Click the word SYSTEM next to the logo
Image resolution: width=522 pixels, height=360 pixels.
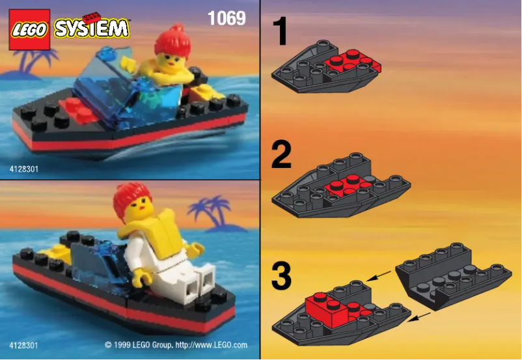[x=92, y=28]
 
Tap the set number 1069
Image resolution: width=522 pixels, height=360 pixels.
[x=227, y=18]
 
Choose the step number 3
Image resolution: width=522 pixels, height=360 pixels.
[x=281, y=274]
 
